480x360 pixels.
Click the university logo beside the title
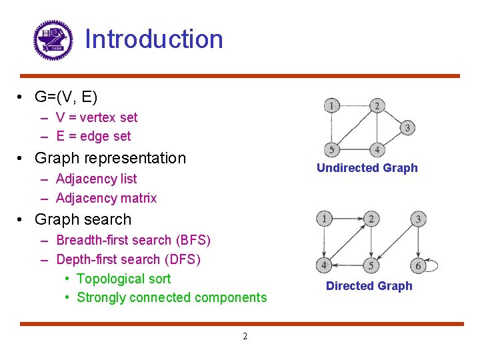(53, 40)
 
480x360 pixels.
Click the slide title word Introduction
(154, 39)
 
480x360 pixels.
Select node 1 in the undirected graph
(331, 105)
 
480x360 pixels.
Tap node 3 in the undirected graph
(407, 127)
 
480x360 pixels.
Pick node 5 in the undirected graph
(331, 149)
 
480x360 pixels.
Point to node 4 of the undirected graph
(377, 149)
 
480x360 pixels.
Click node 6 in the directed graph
(418, 265)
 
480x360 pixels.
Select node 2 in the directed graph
(371, 219)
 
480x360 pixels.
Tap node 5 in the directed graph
(371, 265)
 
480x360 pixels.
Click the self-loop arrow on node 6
(434, 265)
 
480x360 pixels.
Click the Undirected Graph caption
(367, 168)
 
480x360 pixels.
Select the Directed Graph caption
(369, 286)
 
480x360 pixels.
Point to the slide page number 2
(245, 337)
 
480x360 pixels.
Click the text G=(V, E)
(66, 97)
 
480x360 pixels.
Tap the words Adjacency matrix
(107, 198)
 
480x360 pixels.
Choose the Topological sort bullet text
(124, 279)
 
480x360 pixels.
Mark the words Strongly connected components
(172, 297)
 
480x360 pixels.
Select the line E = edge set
(93, 136)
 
